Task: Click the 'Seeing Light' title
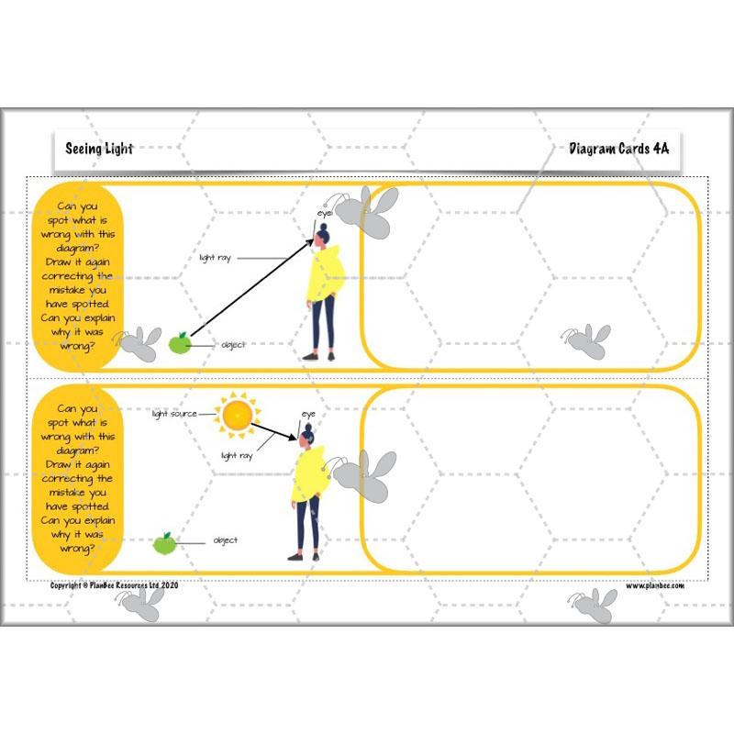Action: tap(99, 149)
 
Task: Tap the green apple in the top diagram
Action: tap(180, 344)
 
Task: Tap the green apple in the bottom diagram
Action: tap(165, 543)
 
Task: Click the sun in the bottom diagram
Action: tap(238, 415)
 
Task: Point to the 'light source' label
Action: tap(175, 415)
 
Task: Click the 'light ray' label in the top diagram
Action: tap(215, 259)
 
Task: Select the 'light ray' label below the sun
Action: tap(237, 455)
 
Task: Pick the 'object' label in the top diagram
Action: tap(233, 346)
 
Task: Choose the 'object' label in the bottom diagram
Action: tap(226, 541)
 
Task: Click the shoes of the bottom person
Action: tap(304, 555)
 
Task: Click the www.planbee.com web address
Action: tap(655, 585)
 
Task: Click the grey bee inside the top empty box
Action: tap(587, 341)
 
